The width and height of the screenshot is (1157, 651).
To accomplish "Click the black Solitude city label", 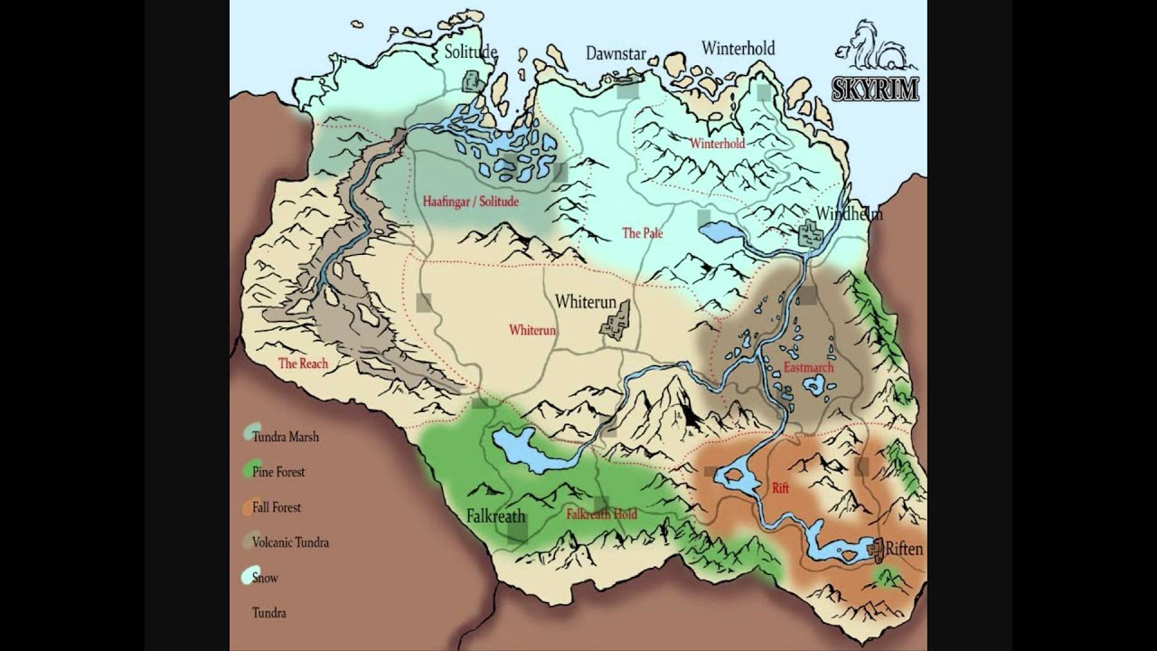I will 470,52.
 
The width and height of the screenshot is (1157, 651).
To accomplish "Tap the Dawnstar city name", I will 616,54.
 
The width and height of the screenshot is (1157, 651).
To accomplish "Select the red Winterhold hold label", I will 717,143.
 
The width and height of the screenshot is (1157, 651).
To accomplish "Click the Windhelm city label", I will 849,214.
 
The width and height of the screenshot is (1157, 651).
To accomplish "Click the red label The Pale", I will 642,233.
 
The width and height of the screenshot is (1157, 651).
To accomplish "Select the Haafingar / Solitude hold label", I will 471,202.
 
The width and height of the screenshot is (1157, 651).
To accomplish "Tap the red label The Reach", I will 303,363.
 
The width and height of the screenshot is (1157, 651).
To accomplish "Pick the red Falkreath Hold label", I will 601,514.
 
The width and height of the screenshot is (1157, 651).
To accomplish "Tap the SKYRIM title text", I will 875,88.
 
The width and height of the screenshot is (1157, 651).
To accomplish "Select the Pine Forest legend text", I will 278,472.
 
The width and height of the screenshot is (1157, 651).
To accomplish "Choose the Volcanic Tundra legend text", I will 290,542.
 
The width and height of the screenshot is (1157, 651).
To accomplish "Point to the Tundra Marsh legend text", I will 286,437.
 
